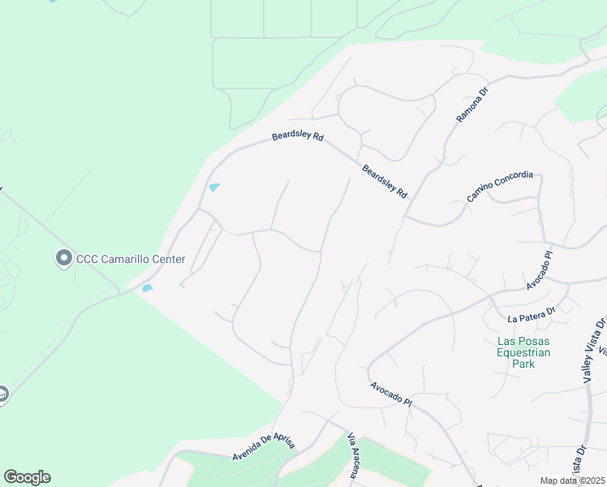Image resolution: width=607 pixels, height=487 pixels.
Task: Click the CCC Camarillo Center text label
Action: pos(131,260)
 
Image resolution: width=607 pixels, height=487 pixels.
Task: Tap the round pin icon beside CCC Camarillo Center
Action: pos(64,259)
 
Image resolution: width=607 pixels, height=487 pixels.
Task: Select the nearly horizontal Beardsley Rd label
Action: pos(298,138)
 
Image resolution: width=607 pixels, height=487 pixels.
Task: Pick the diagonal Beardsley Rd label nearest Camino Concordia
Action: pos(385,182)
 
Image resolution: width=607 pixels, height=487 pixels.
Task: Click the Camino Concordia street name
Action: pos(500,187)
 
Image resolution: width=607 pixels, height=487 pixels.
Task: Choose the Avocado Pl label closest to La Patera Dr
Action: pos(538,270)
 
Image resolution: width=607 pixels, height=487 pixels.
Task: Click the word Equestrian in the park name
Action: pos(523,352)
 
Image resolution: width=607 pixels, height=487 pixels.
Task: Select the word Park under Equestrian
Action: pos(523,364)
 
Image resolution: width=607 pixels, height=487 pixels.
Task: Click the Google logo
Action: pos(27,477)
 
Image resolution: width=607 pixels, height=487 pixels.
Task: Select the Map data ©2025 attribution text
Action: pos(573,481)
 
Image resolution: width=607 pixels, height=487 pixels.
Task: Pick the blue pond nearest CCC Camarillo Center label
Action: pos(148,288)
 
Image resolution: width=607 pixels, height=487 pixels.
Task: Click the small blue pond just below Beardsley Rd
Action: pos(214,187)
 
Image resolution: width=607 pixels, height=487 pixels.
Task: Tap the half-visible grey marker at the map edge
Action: pos(3,395)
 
